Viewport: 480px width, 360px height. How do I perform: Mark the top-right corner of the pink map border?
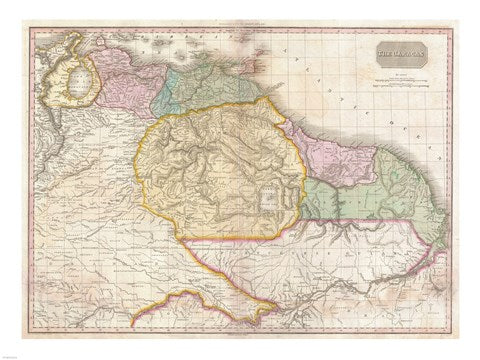(x=452, y=29)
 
